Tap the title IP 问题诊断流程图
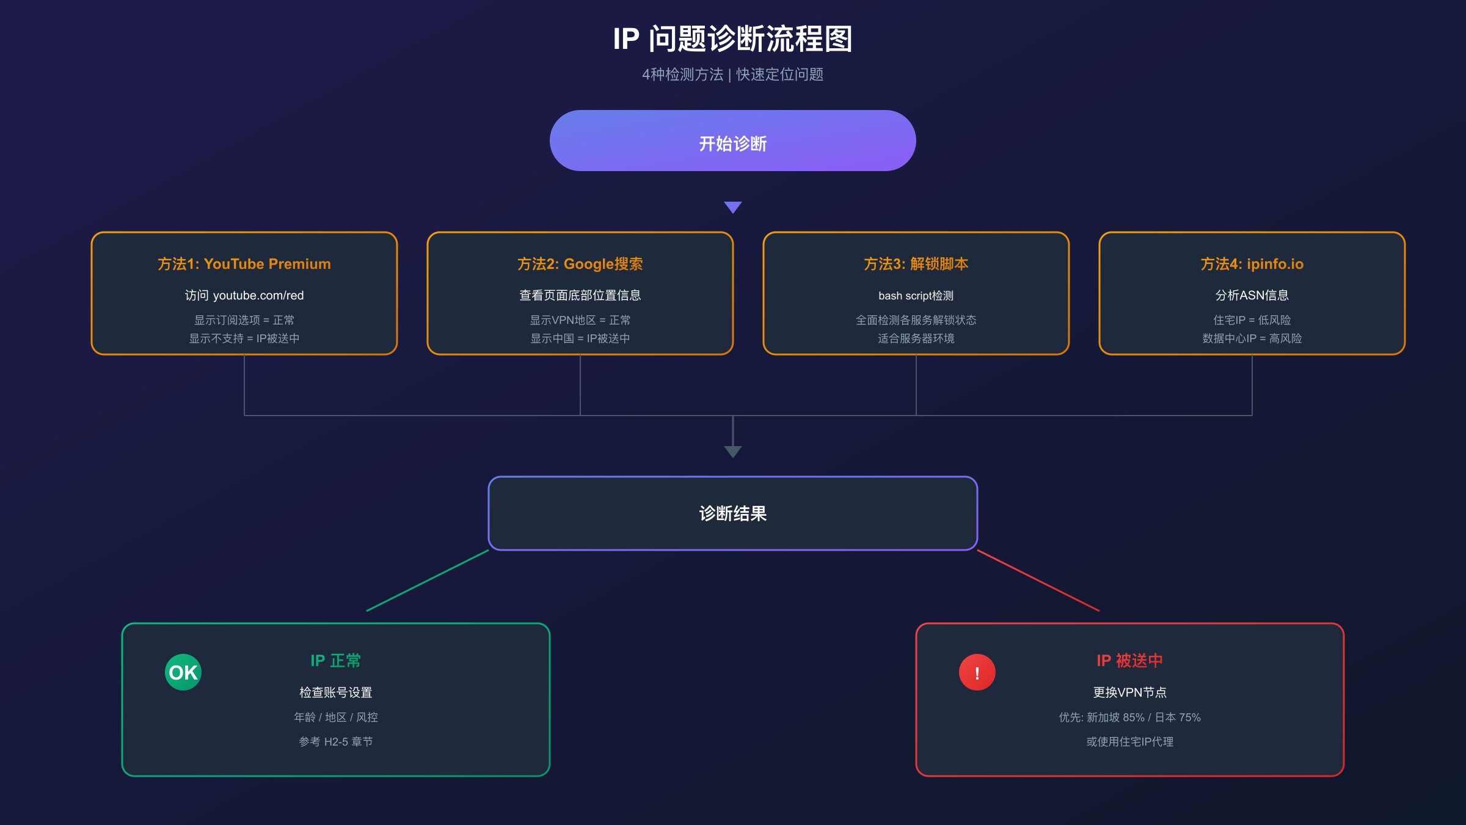point(732,39)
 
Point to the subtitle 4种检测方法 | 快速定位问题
point(732,75)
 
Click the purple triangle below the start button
point(732,207)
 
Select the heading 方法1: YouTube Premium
point(244,264)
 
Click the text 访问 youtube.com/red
point(244,296)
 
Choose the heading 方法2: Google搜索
point(580,264)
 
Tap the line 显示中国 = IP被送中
point(580,339)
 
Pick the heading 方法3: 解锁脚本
point(916,264)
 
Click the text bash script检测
point(916,296)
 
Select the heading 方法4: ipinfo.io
point(1252,264)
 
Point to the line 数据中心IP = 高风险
point(1252,339)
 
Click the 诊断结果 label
point(732,513)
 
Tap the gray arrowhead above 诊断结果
point(732,452)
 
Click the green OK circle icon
point(183,672)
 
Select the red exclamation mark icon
point(977,672)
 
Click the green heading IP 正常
point(335,661)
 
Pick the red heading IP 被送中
point(1129,661)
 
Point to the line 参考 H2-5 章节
point(335,742)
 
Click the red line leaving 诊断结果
point(1038,581)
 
